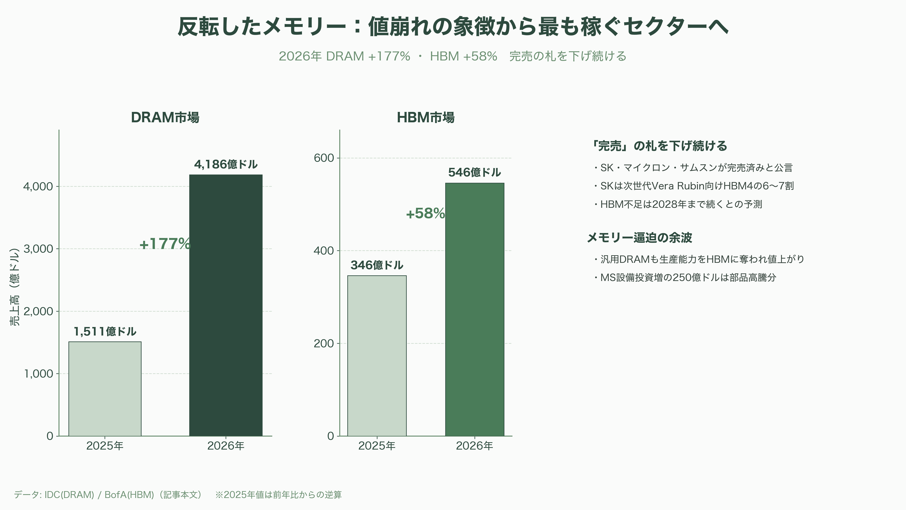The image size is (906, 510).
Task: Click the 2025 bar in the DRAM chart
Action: pos(105,389)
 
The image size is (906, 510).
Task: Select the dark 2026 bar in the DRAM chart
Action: pos(226,305)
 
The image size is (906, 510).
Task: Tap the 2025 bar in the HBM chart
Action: pos(377,356)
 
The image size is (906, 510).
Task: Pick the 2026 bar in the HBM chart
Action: pos(475,309)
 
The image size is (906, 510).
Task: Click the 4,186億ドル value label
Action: pos(226,164)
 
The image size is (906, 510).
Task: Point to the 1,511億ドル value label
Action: pos(105,331)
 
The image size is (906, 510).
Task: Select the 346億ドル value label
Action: pos(377,265)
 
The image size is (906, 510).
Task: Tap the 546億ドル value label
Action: pos(474,172)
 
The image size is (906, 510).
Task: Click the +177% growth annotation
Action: pos(165,244)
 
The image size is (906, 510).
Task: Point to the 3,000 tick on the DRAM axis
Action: pos(38,249)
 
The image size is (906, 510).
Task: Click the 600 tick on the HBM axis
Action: pos(323,158)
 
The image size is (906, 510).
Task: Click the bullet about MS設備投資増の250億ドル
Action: pos(684,277)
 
